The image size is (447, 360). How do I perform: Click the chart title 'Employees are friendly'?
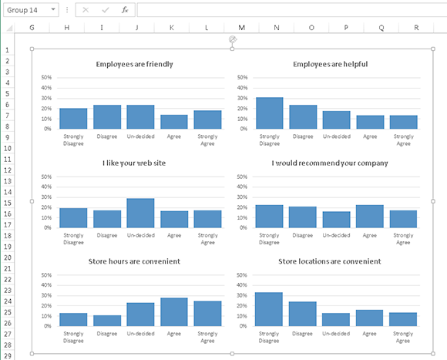pyautogui.click(x=134, y=64)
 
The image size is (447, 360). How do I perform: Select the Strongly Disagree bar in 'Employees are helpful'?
pyautogui.click(x=270, y=113)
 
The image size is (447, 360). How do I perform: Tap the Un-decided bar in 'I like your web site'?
pyautogui.click(x=140, y=213)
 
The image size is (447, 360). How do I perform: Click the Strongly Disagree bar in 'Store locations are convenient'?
pyautogui.click(x=270, y=309)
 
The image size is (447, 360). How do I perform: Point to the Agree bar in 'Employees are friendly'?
pyautogui.click(x=174, y=122)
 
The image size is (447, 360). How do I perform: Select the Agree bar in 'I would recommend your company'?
pyautogui.click(x=370, y=217)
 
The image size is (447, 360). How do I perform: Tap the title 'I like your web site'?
pyautogui.click(x=134, y=163)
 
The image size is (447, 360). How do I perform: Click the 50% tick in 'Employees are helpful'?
pyautogui.click(x=242, y=78)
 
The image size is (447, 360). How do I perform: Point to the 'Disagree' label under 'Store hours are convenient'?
pyautogui.click(x=107, y=334)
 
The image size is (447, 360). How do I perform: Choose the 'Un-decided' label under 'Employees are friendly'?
pyautogui.click(x=140, y=136)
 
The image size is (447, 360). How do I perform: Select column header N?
pyautogui.click(x=276, y=28)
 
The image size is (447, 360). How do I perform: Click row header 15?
pyautogui.click(x=6, y=203)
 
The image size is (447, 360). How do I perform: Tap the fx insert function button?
pyautogui.click(x=124, y=10)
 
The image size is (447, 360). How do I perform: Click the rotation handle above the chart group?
pyautogui.click(x=232, y=39)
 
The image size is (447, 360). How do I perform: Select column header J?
pyautogui.click(x=136, y=28)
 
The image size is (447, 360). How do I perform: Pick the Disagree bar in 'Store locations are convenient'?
pyautogui.click(x=303, y=314)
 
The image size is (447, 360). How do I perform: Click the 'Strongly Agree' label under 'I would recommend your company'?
pyautogui.click(x=403, y=238)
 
